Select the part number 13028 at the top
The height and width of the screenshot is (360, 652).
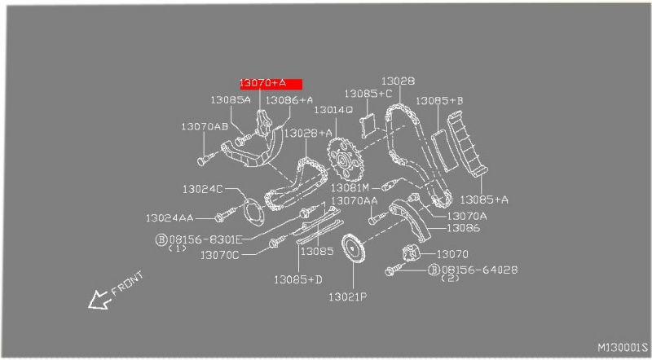pos(398,81)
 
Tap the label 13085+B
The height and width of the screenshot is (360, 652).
pos(439,101)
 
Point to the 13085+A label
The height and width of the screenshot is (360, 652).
pos(484,199)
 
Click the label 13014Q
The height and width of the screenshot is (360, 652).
pos(333,109)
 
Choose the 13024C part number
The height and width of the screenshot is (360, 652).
pos(202,189)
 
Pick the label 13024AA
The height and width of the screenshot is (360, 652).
pos(170,218)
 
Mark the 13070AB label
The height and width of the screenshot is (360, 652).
pos(204,127)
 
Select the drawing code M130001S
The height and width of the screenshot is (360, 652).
pos(621,346)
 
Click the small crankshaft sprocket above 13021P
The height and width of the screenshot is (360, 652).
pos(352,248)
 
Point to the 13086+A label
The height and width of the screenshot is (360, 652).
pos(289,100)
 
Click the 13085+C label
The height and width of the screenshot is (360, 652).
pos(368,94)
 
